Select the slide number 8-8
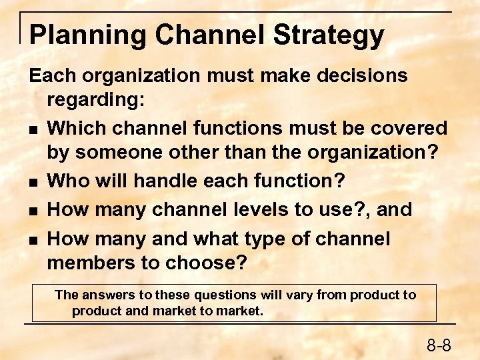439,345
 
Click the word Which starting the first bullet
79,127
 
